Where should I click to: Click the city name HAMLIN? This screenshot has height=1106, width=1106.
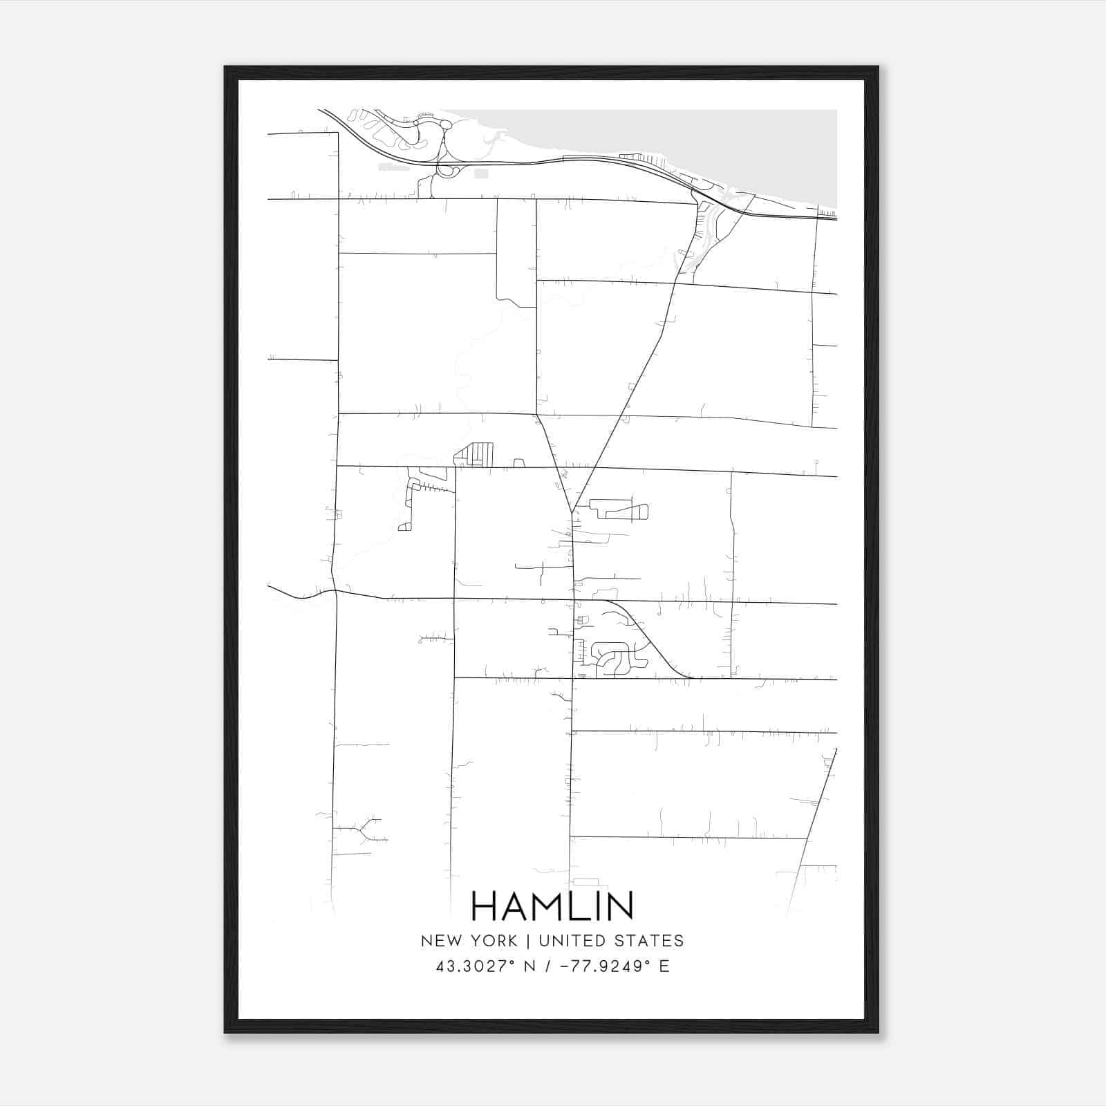[552, 906]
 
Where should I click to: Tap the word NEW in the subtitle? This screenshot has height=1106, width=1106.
[440, 941]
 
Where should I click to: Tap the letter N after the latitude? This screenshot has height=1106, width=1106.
[531, 966]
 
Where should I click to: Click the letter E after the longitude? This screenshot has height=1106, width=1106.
[664, 966]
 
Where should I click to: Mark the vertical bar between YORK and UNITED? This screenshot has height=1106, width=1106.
[528, 941]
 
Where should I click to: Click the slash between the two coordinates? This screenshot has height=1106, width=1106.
[547, 966]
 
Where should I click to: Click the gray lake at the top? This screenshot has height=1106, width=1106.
[691, 138]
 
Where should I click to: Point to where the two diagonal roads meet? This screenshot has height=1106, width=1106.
[572, 512]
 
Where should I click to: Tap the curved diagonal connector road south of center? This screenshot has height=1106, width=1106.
[650, 639]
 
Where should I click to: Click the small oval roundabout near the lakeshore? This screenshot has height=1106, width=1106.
[447, 125]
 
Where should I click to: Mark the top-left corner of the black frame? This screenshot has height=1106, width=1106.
[226, 68]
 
